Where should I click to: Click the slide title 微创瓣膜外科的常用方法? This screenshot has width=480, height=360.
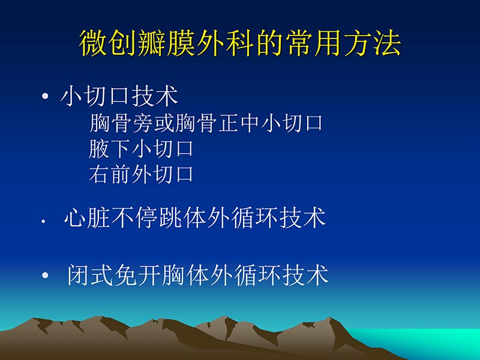tap(240, 44)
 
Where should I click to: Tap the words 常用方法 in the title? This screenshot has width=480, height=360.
tap(355, 44)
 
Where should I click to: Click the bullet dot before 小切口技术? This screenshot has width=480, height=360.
tap(46, 98)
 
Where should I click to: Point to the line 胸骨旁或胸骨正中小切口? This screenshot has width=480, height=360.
tap(206, 124)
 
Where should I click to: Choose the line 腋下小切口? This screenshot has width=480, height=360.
tap(141, 149)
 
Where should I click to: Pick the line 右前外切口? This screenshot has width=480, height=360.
tap(141, 174)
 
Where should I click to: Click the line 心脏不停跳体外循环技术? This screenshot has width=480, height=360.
tap(195, 218)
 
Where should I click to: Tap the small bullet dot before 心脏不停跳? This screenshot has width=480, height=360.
tap(43, 221)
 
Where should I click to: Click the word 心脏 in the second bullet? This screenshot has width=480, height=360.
tap(86, 218)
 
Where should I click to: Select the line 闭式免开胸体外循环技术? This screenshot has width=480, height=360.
tap(197, 275)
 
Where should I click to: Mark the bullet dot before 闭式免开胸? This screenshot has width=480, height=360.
tap(46, 276)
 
